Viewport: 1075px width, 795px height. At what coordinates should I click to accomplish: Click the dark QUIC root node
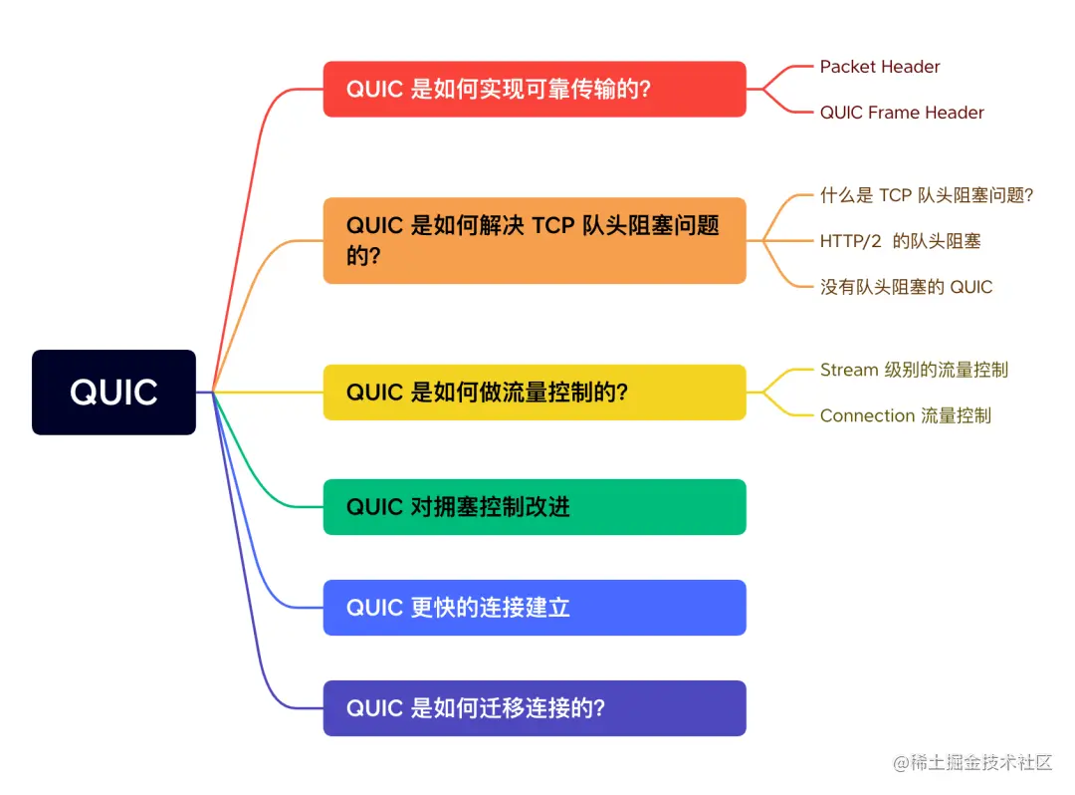[113, 392]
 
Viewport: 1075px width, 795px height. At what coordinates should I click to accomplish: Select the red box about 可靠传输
[534, 89]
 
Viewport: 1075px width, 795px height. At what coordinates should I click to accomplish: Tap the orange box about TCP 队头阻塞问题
[534, 240]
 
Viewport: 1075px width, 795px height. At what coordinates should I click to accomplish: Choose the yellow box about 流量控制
[534, 392]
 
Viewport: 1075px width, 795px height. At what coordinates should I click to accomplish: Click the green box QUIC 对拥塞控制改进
[534, 507]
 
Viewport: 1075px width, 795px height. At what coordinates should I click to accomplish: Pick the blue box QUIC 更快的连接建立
[534, 608]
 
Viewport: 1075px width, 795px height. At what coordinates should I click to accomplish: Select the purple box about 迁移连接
[534, 708]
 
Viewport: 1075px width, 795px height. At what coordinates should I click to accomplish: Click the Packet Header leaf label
[880, 67]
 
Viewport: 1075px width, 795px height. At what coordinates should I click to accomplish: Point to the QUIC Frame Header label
[902, 113]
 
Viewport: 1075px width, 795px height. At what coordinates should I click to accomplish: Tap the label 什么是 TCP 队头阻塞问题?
[927, 195]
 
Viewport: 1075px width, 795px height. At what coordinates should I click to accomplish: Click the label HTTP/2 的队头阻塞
[901, 241]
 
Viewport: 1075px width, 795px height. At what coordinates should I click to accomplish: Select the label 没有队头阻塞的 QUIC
[906, 287]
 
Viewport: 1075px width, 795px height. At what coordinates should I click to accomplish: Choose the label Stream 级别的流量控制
[914, 370]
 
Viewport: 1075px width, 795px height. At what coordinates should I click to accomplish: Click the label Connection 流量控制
[905, 415]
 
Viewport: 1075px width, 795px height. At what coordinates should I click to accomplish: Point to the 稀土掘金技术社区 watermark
[972, 763]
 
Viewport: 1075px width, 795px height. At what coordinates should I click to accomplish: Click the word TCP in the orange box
[553, 225]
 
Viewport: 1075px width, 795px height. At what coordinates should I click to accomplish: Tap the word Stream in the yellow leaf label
[849, 370]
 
